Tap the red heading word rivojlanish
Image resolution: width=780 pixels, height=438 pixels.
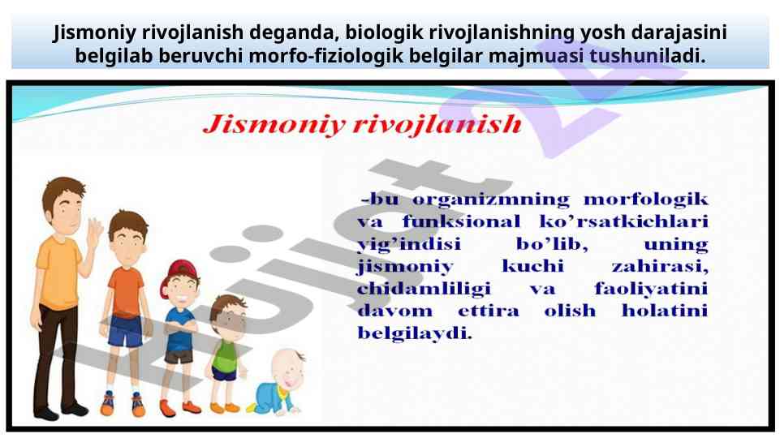(x=437, y=124)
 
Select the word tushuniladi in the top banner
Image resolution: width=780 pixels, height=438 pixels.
(x=647, y=55)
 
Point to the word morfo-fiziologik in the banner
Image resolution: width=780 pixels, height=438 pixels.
(x=325, y=56)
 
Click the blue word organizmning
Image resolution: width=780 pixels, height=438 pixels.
(x=490, y=200)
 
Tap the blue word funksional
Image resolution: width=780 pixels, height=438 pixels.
(x=461, y=221)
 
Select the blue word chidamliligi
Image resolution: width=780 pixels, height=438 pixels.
(x=424, y=289)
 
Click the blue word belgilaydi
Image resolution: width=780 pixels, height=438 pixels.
(x=415, y=333)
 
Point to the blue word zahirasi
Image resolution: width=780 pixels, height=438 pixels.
(x=660, y=266)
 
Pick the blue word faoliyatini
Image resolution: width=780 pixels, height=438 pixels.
(x=651, y=289)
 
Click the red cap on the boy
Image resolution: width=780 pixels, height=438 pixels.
(x=177, y=274)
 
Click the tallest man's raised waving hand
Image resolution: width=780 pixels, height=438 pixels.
(x=93, y=232)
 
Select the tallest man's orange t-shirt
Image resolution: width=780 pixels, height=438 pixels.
(x=58, y=273)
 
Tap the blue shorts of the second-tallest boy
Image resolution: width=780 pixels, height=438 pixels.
(x=125, y=331)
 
